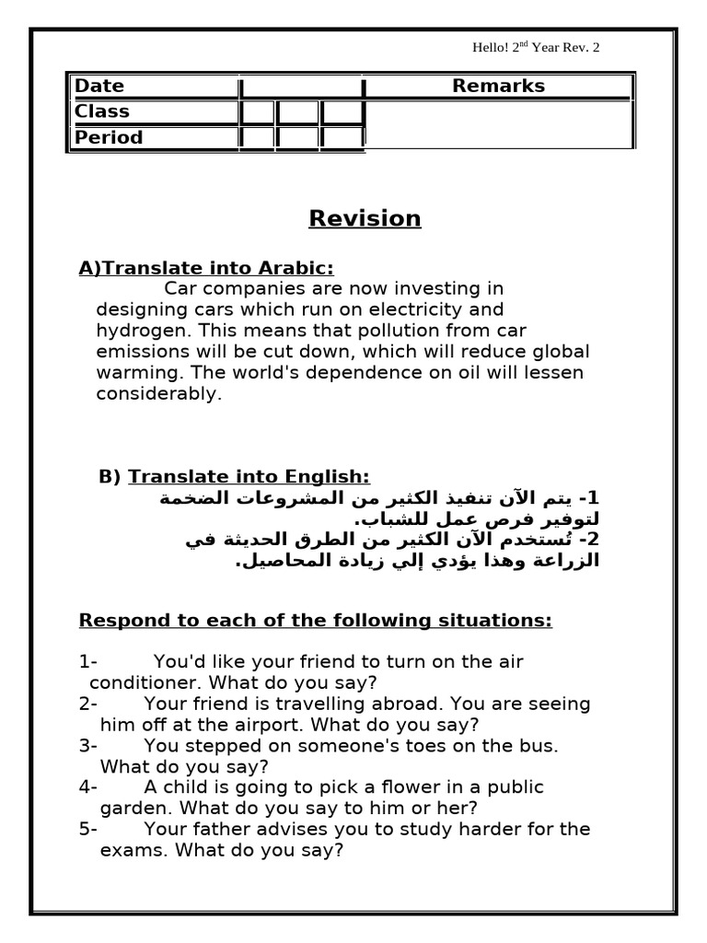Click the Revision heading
tap(365, 219)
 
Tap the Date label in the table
tap(99, 87)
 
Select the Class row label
tap(102, 112)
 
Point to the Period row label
tap(109, 138)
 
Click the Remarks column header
tap(498, 87)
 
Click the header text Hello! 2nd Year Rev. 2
tap(536, 48)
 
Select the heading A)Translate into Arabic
tap(206, 268)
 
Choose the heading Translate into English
tap(249, 477)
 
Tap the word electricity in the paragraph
tap(432, 310)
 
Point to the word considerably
tap(159, 394)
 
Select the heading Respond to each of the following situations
tap(316, 621)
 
